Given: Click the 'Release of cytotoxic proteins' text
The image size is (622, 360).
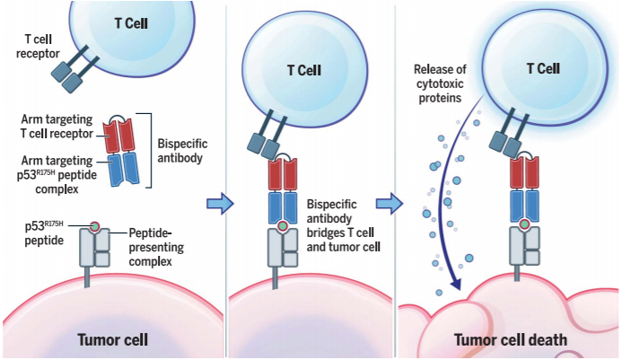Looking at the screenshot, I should tap(442, 83).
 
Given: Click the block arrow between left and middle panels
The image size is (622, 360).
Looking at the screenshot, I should tap(215, 205).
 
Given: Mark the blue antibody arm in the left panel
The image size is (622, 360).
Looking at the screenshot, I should tap(118, 171).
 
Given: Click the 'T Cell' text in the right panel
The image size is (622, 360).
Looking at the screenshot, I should tap(539, 68).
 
